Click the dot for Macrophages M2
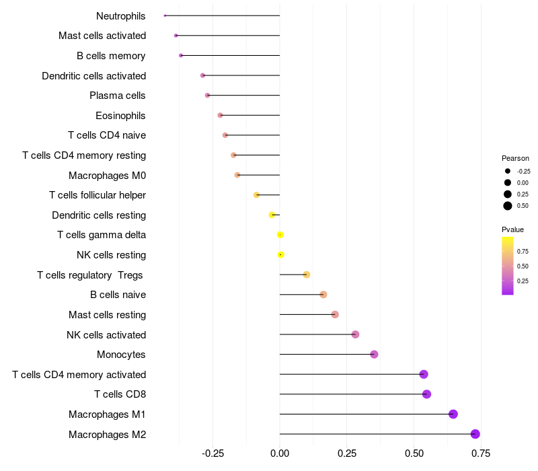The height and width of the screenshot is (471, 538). [475, 434]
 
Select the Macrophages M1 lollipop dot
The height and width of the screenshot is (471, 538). [453, 414]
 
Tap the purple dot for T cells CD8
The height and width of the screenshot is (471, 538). [426, 394]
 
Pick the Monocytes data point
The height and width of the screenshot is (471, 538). [374, 355]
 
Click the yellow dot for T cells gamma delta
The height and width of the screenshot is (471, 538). [280, 235]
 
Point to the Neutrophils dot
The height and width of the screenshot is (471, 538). [165, 15]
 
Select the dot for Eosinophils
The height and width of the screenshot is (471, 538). [220, 115]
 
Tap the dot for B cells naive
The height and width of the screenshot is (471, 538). [323, 295]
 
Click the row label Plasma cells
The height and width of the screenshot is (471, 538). [118, 96]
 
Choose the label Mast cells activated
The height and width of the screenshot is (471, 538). [102, 36]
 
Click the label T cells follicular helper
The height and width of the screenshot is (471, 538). [98, 195]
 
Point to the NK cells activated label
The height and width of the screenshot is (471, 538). [106, 334]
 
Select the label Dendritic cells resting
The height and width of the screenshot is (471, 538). [99, 215]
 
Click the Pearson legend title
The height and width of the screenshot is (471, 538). [515, 158]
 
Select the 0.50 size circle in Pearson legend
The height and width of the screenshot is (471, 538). [508, 206]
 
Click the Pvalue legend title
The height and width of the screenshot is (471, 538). [512, 229]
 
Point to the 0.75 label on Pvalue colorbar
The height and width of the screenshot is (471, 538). [523, 251]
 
